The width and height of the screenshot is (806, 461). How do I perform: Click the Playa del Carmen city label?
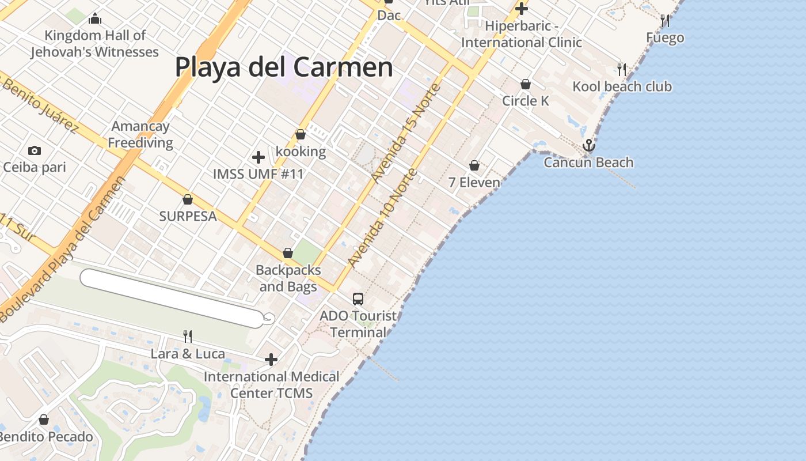284,67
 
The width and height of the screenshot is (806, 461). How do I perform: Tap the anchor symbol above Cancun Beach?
588,145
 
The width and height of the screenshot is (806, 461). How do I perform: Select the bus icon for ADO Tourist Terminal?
358,298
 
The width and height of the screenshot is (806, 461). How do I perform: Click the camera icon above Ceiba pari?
35,150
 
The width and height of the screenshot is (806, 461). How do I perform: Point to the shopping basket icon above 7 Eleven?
474,165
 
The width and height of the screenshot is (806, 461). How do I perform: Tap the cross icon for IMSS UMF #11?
258,157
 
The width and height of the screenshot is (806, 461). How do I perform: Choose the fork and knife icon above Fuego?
665,21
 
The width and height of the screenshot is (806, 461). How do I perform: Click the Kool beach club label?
622,86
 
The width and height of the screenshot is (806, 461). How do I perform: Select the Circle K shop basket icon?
526,84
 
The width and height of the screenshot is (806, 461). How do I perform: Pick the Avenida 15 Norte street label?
405,134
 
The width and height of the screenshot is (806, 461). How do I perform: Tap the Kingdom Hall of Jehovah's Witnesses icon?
95,19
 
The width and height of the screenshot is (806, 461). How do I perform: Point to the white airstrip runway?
173,298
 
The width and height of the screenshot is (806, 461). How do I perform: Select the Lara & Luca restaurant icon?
187,337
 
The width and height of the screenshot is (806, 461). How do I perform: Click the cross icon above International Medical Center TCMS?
271,360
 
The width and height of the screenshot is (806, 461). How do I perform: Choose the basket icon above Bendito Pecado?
44,420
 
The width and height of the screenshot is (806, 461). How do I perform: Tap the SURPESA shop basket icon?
187,199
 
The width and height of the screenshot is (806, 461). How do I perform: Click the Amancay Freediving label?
140,134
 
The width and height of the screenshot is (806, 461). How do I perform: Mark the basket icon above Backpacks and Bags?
288,253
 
